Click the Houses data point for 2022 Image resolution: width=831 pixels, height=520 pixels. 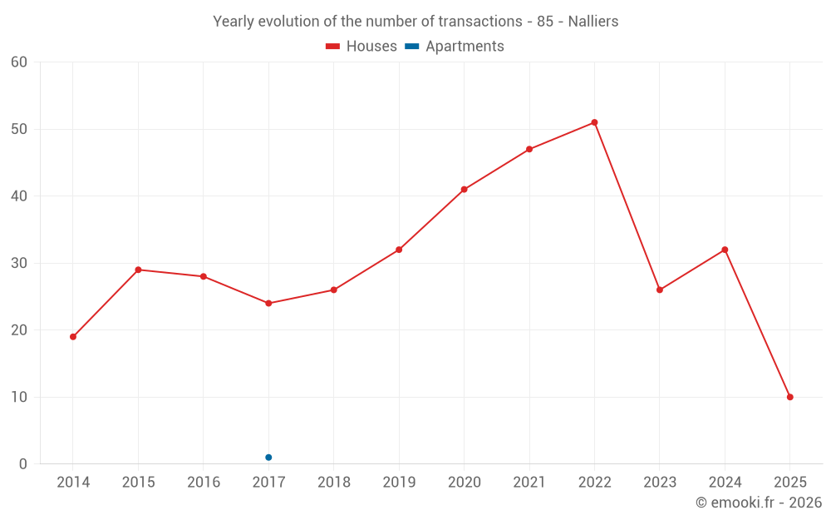point(594,122)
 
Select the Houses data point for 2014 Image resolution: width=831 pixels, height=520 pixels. point(73,337)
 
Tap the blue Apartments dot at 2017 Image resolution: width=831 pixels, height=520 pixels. point(268,458)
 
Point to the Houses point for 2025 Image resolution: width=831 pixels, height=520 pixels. point(789,397)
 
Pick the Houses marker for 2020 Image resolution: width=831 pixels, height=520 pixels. point(464,190)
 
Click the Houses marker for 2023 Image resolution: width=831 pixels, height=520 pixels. point(660,290)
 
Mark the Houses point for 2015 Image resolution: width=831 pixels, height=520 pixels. point(138,270)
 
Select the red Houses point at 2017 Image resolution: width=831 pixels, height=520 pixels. point(268,303)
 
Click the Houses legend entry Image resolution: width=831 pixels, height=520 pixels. point(361,47)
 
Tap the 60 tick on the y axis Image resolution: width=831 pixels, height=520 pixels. point(19,62)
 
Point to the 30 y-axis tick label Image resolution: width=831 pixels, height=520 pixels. point(19,263)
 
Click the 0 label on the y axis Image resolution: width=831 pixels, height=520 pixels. point(23,464)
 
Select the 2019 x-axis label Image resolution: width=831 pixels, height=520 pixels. point(399,483)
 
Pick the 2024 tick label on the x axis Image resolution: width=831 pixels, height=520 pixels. point(725,483)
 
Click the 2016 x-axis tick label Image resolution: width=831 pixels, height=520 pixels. point(204,483)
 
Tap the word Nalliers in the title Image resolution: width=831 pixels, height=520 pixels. point(593,22)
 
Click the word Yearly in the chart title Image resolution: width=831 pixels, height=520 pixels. point(234,22)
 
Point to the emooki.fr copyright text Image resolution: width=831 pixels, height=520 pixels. point(759,503)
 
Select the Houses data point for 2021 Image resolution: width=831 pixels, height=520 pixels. point(529,149)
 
